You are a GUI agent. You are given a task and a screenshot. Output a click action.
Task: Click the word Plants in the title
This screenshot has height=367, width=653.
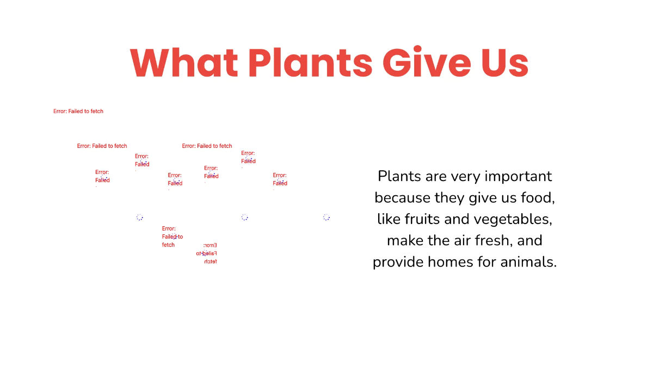coord(311,63)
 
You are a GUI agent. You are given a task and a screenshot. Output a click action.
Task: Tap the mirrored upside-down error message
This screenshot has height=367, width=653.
coord(207,253)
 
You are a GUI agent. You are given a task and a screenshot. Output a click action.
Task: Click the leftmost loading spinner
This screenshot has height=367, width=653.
coord(140,217)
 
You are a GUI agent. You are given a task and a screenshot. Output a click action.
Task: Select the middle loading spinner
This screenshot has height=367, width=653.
coord(245,217)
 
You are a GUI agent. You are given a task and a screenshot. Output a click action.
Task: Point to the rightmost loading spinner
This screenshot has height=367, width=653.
coord(326,217)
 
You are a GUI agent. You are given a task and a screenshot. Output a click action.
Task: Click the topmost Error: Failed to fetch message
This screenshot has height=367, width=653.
coord(78,111)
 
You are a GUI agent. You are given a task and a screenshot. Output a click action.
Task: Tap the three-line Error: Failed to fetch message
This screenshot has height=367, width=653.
coord(172,237)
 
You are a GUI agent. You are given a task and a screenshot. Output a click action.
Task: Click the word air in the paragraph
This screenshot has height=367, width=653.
coord(458,240)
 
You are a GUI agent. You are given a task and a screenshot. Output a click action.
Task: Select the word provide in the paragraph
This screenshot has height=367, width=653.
coord(398,262)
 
